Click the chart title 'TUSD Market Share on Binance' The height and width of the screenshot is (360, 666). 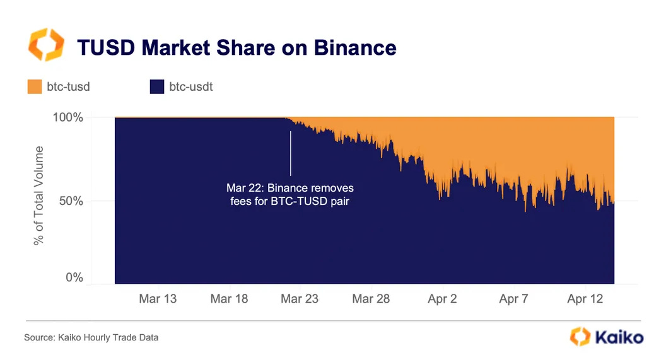pos(237,47)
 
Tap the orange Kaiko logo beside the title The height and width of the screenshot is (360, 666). pos(45,44)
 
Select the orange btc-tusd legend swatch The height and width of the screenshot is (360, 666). pos(34,86)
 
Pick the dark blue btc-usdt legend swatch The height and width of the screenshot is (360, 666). pos(156,86)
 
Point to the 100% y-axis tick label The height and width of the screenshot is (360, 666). pos(67,118)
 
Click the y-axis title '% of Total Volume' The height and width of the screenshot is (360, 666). pos(40,195)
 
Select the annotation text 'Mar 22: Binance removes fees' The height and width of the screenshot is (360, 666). pos(290,195)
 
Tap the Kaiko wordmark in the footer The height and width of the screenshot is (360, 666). pos(619,337)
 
